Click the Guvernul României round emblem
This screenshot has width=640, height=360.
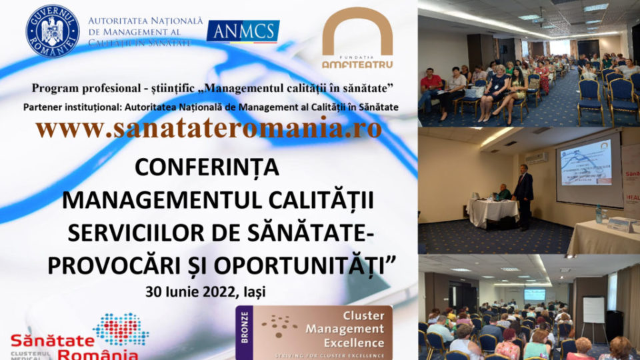pos(52,31)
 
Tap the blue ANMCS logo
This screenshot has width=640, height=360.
pos(243,31)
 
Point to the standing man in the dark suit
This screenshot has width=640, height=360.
pos(524,193)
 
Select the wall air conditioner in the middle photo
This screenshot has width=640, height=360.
pos(537,158)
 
